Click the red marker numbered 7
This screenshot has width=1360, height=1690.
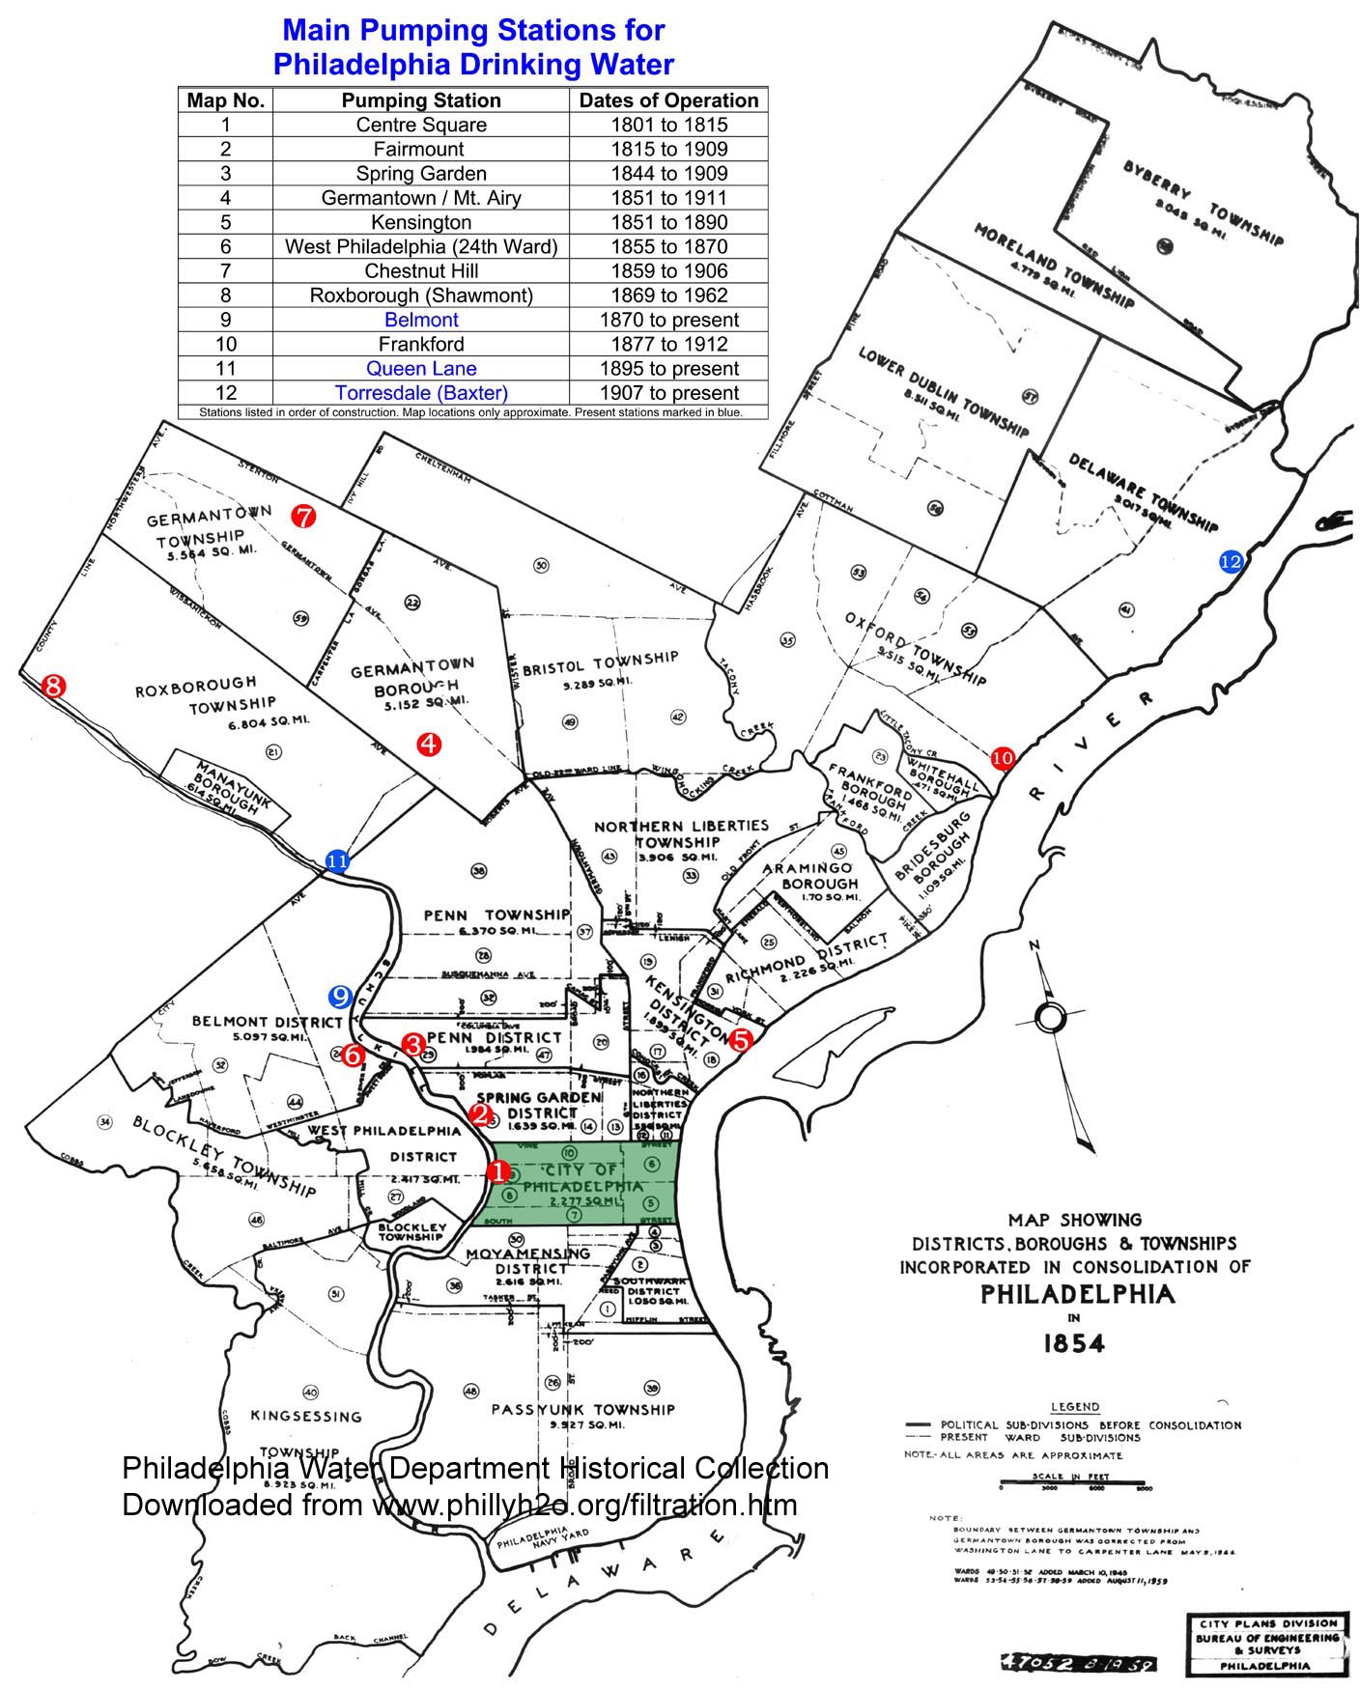tap(303, 517)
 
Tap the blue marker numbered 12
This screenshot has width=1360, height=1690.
tap(1231, 561)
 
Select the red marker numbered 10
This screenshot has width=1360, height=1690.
tap(1003, 758)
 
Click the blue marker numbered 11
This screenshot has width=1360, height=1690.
tap(337, 861)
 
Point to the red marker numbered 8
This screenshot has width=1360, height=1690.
tap(53, 687)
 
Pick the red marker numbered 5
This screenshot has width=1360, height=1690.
tap(741, 1040)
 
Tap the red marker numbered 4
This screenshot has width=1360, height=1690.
tap(428, 744)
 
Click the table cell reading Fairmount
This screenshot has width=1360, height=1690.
tap(420, 149)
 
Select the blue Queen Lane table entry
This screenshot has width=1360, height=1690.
tap(420, 368)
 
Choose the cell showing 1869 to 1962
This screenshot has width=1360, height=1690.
tap(668, 296)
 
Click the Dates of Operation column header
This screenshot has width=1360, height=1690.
tap(668, 100)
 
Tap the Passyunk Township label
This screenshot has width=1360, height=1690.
tap(582, 1410)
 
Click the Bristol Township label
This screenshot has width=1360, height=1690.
tap(600, 664)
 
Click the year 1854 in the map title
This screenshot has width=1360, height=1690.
tap(1075, 1343)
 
